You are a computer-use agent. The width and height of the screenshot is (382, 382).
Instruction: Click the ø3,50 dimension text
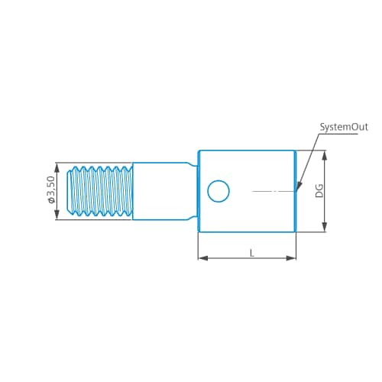tap(50, 190)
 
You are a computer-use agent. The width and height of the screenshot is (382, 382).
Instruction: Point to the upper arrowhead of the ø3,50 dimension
tap(57, 166)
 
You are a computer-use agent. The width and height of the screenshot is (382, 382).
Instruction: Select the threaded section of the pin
tap(101, 191)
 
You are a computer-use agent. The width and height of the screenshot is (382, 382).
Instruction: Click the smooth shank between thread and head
tap(160, 191)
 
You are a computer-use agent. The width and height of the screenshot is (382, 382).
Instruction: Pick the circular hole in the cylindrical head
tap(219, 191)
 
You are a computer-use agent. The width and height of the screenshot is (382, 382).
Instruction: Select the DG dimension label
tap(319, 190)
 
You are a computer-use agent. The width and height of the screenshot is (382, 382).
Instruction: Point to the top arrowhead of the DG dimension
tap(325, 154)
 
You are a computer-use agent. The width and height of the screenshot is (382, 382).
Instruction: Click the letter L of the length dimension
tap(251, 252)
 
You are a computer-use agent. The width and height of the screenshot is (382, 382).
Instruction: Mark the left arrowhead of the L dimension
tap(202, 258)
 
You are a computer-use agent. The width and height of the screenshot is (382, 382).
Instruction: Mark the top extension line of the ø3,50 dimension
tap(65, 162)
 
